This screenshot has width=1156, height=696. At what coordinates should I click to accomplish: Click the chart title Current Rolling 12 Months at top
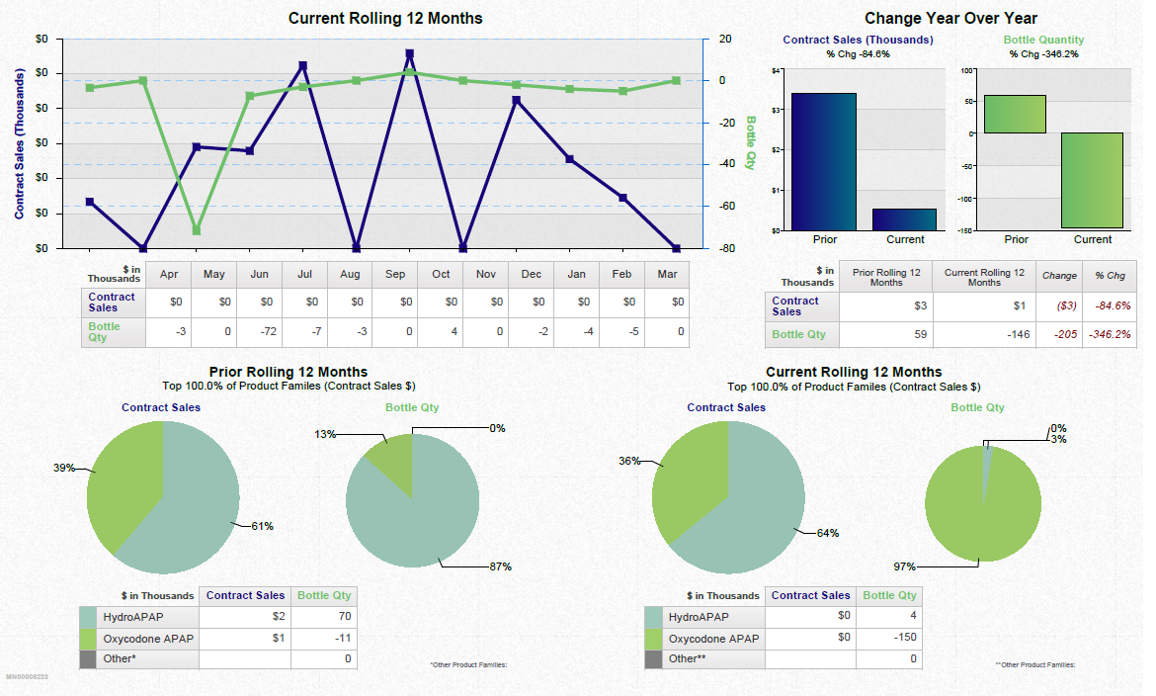385,19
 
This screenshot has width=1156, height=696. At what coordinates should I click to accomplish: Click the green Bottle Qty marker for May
196,230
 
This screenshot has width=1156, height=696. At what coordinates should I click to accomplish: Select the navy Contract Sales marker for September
409,53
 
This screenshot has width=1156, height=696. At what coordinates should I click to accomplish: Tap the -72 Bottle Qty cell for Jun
260,332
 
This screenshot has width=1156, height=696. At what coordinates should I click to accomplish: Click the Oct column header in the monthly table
441,274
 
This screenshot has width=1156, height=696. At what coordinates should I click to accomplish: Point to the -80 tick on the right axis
724,249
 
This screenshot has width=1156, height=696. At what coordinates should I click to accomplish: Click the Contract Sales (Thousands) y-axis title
19,144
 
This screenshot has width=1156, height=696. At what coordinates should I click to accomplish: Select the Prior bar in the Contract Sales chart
823,161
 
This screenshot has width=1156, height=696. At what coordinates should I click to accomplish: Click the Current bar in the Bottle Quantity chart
1092,181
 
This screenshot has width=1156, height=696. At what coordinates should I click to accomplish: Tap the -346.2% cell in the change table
1112,335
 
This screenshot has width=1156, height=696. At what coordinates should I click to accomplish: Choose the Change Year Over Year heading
950,19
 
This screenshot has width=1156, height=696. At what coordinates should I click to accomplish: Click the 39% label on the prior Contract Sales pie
64,468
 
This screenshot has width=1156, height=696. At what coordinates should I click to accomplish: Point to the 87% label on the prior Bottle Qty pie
500,566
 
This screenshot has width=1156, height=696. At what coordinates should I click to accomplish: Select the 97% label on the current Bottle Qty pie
905,566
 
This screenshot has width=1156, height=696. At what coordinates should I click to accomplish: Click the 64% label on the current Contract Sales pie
827,533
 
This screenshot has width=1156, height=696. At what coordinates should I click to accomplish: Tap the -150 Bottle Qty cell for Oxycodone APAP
889,638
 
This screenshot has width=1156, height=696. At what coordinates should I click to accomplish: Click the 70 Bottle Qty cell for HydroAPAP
324,617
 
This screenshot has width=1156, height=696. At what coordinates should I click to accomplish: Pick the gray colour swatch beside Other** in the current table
653,658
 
